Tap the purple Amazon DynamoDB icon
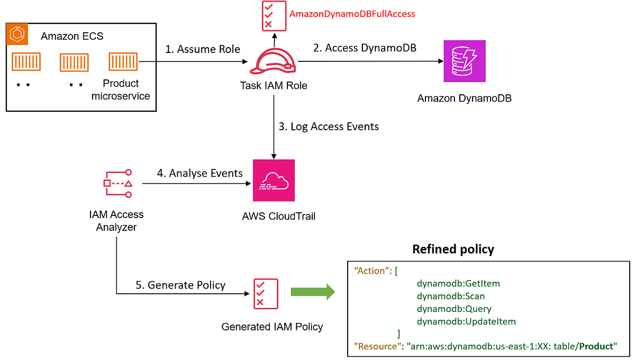coord(464,61)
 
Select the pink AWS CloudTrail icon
coord(274,181)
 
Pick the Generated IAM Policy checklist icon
coord(260,293)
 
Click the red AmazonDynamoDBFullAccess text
coord(352,14)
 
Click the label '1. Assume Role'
coord(202,49)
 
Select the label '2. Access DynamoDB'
coord(365,48)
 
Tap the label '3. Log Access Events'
coord(329,127)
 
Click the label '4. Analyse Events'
coord(199,173)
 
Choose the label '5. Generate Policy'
coord(180,285)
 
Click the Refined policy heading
coord(453,249)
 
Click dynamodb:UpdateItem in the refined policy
coord(466,321)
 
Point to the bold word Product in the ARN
coord(596,346)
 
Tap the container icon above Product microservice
coord(122,61)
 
